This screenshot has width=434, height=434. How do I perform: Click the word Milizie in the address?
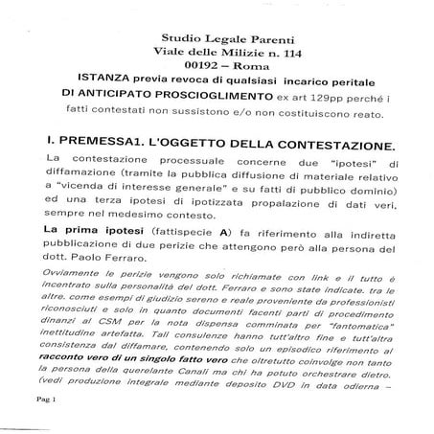[232, 32]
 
